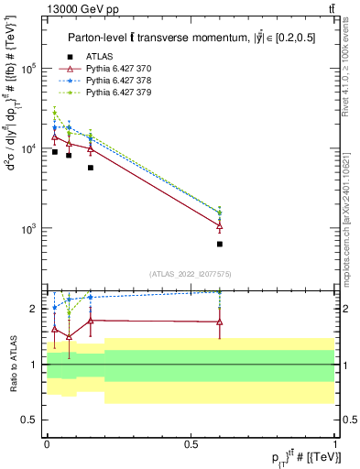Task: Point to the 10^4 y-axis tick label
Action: tap(29, 148)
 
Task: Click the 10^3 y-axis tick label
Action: tap(29, 229)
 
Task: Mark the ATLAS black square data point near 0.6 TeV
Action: tap(220, 245)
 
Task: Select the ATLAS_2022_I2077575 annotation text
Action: tap(190, 273)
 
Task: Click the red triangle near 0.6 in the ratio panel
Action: tap(220, 322)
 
